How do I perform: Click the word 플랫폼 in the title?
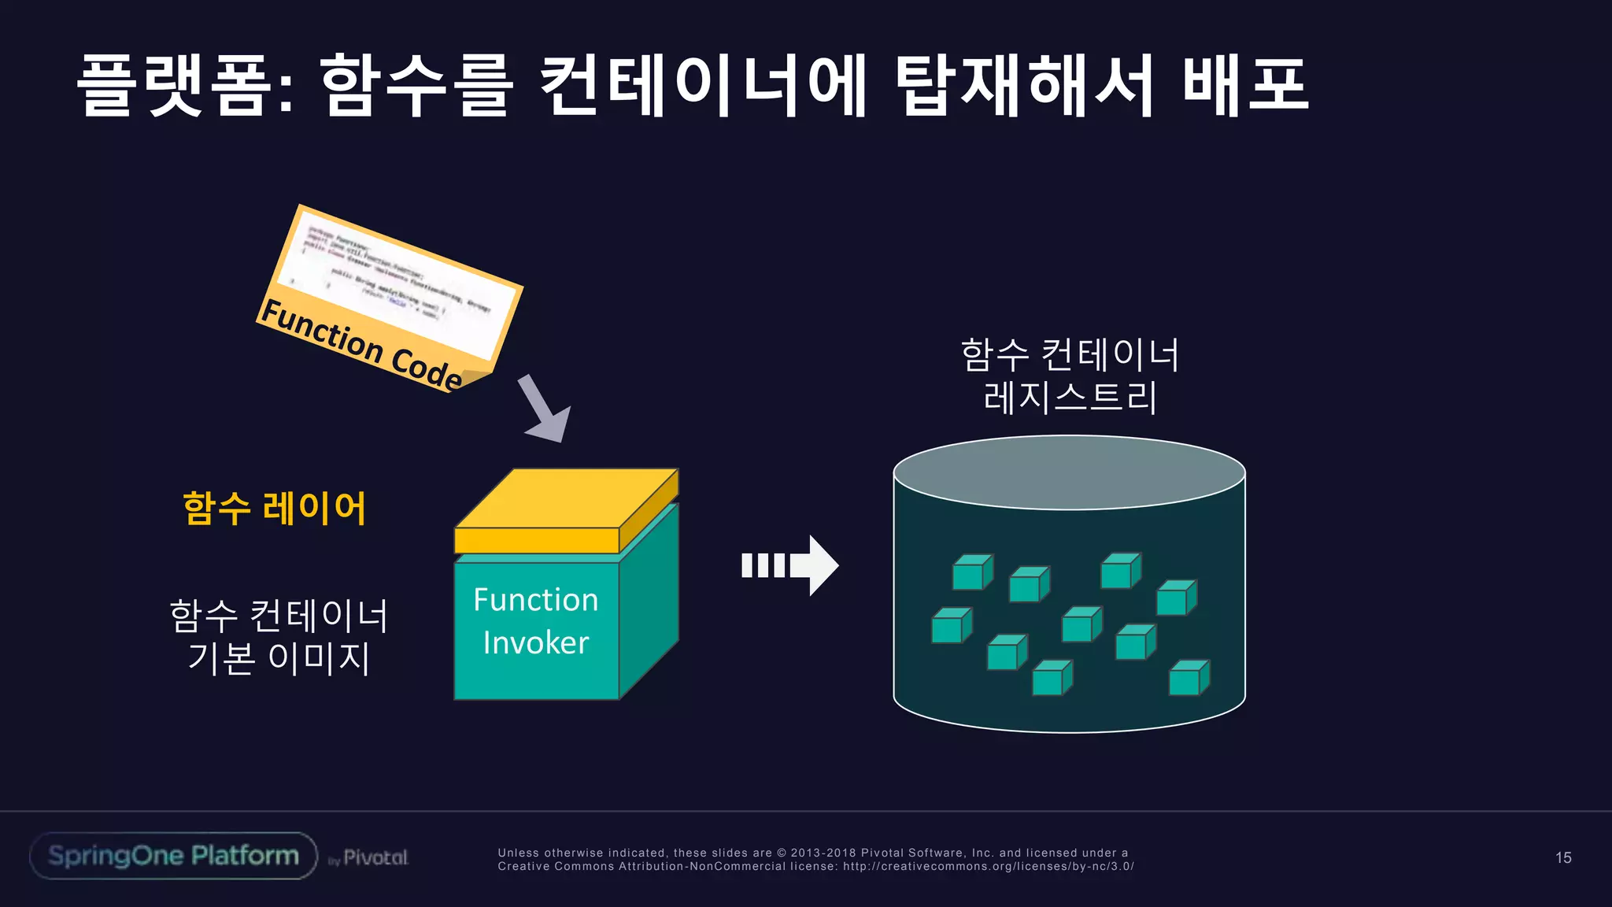pos(185,85)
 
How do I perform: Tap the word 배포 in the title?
pos(1245,85)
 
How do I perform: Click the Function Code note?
pos(390,299)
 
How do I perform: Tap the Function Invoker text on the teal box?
pos(535,621)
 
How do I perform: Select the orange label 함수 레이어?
pos(275,509)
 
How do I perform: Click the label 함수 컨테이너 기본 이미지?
pos(279,637)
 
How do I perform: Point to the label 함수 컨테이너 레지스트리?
pos(1070,376)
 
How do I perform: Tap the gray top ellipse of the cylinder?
pos(1069,472)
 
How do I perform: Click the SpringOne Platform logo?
pos(173,856)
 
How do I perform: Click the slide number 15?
pos(1563,857)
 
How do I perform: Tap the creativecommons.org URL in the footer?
pos(988,866)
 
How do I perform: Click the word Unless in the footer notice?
pos(518,853)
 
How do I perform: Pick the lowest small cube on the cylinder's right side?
pos(1188,679)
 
